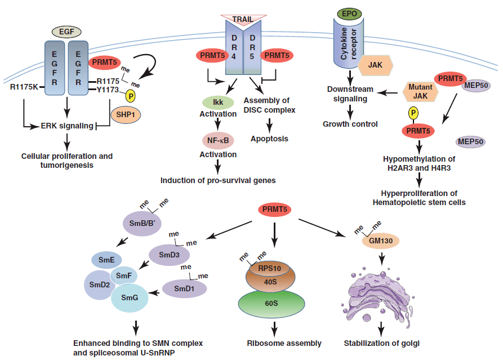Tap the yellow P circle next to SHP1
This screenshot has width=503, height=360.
[130, 96]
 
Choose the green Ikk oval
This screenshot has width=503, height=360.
[217, 102]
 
